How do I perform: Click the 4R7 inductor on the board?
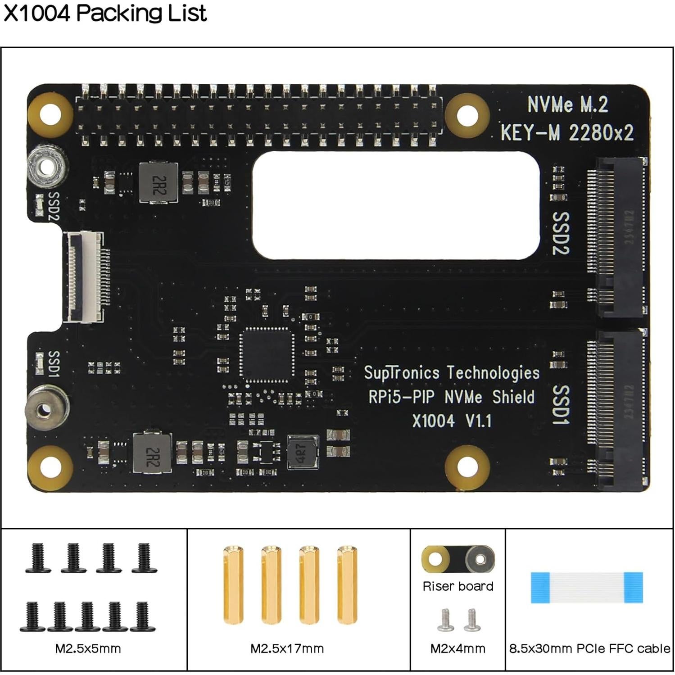point(303,452)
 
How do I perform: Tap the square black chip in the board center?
point(267,354)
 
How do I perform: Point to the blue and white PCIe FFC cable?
point(587,588)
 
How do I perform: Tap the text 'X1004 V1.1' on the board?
point(452,421)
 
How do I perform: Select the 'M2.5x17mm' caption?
point(287,648)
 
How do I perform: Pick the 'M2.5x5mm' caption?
point(88,648)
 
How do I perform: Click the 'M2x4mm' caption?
point(458,648)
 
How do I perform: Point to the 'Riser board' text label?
point(458,586)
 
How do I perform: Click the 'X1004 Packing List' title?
point(105,13)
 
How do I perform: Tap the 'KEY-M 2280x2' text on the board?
point(567,133)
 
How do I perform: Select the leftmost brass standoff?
point(233,584)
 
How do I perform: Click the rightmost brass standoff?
point(347,584)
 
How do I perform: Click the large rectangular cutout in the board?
point(396,205)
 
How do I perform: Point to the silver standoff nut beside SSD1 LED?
point(45,409)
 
